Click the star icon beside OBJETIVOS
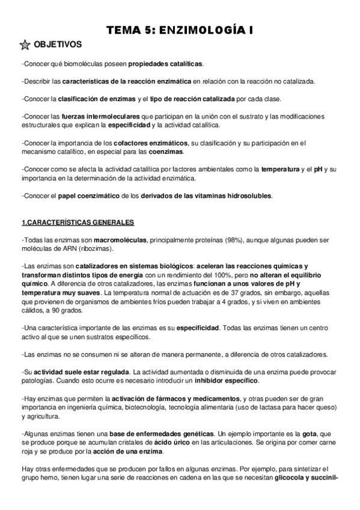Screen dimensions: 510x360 26,45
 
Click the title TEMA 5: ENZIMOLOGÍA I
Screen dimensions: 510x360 180,28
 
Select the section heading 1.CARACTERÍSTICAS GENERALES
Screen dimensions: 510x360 78,223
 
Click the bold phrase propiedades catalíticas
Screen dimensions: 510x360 166,64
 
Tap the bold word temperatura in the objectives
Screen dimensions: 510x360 281,170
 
